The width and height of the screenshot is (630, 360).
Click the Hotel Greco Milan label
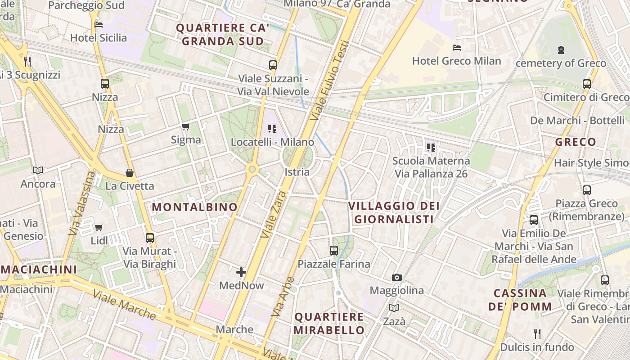(456, 61)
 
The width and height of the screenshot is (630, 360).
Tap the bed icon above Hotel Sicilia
(99, 25)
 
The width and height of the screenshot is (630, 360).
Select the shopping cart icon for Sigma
(185, 127)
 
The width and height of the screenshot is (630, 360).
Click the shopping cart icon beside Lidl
(99, 227)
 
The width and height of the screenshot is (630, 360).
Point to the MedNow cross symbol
(241, 272)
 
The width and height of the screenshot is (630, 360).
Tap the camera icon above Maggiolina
(396, 277)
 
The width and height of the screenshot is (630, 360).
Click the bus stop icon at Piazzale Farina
(334, 251)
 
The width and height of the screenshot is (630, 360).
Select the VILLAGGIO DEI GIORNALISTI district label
(394, 212)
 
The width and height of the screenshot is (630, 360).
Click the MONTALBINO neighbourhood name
(194, 207)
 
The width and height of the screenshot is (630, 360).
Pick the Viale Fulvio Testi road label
(330, 81)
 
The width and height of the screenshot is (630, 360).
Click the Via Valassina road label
(81, 203)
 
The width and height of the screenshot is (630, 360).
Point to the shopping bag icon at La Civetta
(130, 173)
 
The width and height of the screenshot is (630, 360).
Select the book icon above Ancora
(38, 170)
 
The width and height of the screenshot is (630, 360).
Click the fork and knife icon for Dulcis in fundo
(537, 333)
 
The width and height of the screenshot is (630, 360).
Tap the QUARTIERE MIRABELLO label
(329, 323)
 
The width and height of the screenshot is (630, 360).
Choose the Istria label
(297, 172)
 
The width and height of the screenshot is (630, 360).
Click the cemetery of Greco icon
(561, 49)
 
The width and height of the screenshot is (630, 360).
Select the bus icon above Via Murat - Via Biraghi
(150, 238)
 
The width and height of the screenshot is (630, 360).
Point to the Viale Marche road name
(124, 305)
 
